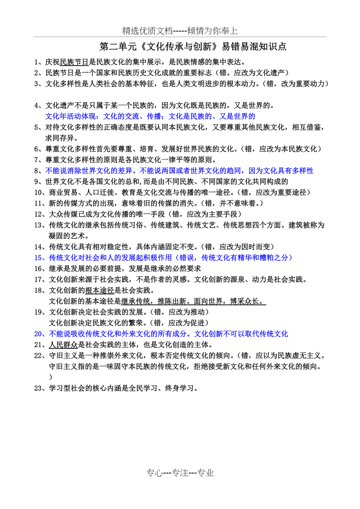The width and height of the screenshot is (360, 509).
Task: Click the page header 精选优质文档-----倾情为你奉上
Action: click(x=180, y=31)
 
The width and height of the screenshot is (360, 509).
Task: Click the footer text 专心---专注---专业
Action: click(x=180, y=473)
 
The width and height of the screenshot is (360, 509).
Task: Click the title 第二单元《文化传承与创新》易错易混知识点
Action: click(x=193, y=47)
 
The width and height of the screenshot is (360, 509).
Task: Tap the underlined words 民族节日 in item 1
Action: click(x=74, y=62)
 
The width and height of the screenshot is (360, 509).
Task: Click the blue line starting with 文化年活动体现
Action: click(x=150, y=116)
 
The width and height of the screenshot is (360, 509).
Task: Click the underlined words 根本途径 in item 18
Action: click(x=99, y=290)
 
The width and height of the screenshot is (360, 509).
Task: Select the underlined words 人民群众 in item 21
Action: click(x=63, y=345)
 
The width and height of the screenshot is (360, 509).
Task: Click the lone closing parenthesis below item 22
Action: click(x=50, y=377)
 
